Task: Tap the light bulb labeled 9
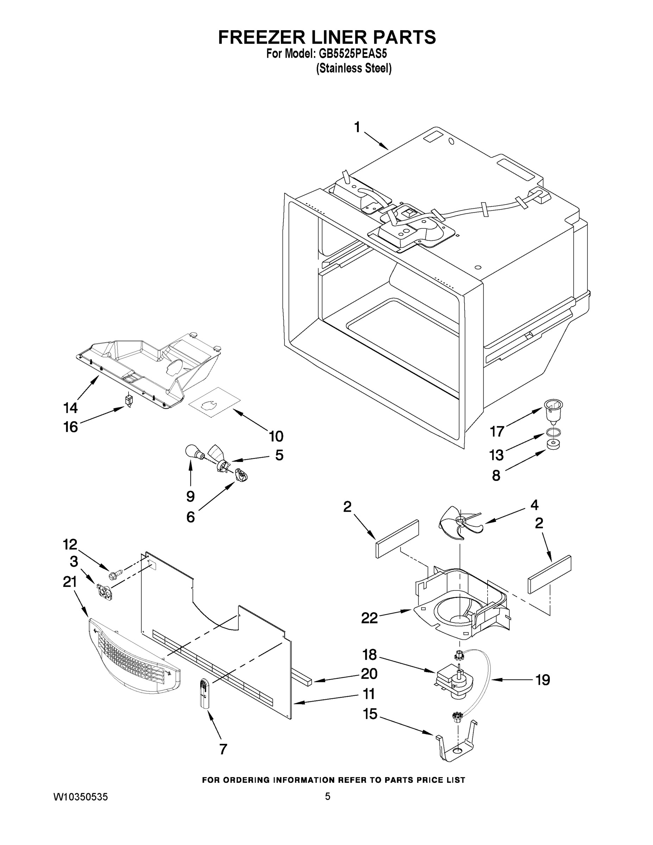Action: point(192,451)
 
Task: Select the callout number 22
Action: point(369,618)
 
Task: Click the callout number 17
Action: point(497,431)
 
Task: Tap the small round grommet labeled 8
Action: point(553,445)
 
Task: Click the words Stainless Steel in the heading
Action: point(353,69)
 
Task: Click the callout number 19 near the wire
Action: point(543,680)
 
